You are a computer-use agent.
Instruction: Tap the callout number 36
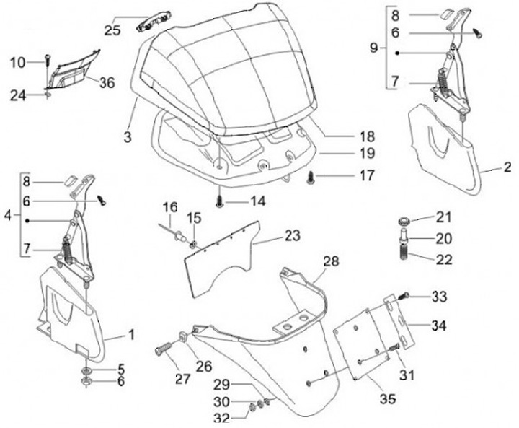point(107,83)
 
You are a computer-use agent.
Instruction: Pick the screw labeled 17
point(312,175)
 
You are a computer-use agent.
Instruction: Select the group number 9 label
point(373,48)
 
